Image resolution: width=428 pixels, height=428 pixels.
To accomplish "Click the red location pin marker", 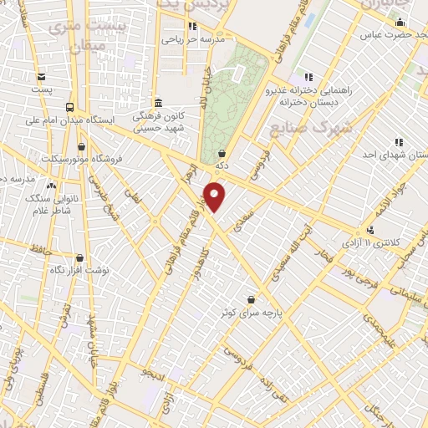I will coord(216,197).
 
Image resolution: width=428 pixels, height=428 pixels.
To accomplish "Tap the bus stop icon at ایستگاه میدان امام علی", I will coord(69,107).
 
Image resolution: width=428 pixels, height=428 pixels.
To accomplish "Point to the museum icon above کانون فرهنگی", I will coord(158,102).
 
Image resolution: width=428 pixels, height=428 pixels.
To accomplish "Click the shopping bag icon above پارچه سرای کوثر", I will coord(251,299).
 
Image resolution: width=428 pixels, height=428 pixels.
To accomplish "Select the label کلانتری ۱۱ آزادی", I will coord(373,242).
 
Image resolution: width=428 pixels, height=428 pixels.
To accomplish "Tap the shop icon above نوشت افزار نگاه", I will coord(79,258).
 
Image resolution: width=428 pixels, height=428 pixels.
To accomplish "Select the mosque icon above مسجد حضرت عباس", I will coord(400,23).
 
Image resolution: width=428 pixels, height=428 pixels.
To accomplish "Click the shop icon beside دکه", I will coord(222,154).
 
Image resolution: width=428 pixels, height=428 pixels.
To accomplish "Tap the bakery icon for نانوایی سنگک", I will coord(52,186).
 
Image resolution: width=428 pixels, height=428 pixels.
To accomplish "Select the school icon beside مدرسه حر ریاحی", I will coord(193,27).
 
